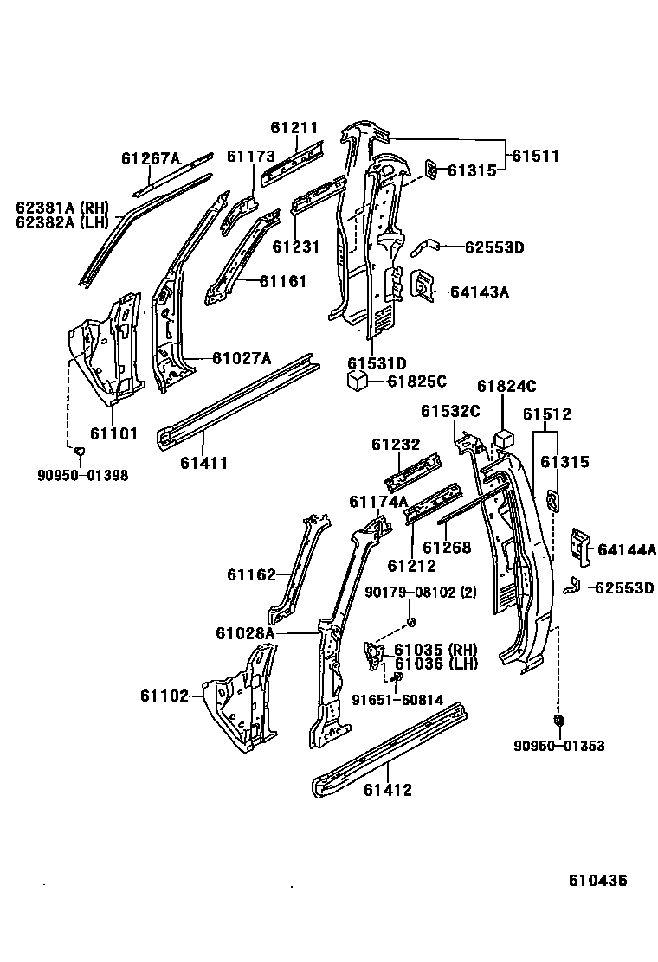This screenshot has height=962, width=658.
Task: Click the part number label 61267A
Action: point(150,158)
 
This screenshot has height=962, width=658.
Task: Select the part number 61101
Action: point(113,433)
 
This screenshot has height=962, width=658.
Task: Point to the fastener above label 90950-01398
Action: point(79,451)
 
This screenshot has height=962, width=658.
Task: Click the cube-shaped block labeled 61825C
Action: point(354,382)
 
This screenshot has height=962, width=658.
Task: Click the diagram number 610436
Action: point(597,881)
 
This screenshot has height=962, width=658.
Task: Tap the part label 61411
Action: point(203,463)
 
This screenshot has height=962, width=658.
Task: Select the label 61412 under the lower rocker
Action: point(387,789)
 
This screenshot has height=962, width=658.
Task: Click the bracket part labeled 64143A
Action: point(422,286)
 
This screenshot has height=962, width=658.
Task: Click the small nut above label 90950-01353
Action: point(557,720)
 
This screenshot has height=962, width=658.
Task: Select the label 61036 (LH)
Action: point(435,664)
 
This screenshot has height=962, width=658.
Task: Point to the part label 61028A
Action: point(245,633)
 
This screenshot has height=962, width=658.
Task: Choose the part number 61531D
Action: point(377,363)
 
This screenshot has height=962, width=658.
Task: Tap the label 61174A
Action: point(377,502)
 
